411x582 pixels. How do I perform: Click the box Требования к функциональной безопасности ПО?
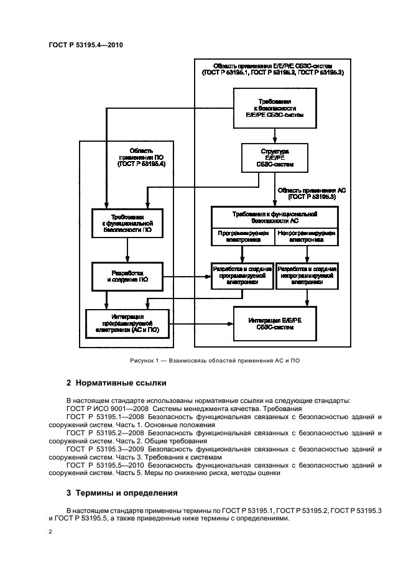(127, 223)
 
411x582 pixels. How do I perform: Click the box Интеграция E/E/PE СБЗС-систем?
(275, 324)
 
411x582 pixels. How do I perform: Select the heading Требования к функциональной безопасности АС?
(274, 216)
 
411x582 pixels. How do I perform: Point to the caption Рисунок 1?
(205, 361)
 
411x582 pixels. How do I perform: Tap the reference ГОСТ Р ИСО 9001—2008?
(106, 409)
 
